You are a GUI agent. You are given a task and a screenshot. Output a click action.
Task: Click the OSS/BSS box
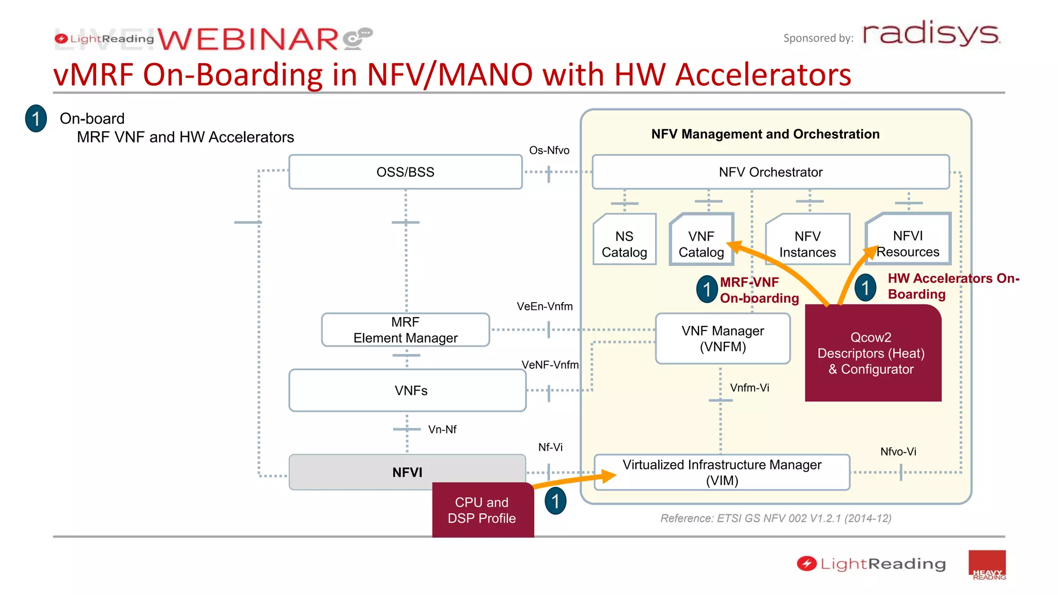point(405,172)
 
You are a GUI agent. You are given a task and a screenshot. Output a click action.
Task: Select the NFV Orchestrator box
point(770,172)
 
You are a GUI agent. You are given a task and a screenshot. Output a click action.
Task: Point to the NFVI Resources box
point(908,240)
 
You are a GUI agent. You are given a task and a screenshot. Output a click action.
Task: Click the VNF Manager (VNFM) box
point(722,338)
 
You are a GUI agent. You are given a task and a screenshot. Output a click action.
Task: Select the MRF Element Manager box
point(405,330)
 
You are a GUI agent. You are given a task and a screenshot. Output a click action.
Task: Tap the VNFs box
point(407,390)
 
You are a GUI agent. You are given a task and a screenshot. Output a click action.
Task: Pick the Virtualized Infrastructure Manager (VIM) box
point(722,472)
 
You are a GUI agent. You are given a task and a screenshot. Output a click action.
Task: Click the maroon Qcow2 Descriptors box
point(873,353)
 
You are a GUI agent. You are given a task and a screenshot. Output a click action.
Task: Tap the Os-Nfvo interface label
point(549,150)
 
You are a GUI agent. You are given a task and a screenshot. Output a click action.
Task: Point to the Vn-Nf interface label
point(442,429)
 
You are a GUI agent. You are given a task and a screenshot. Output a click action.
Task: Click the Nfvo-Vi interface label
point(898,451)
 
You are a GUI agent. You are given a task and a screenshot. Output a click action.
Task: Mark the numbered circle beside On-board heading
point(36,119)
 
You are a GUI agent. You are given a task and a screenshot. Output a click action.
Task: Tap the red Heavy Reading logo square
point(987,565)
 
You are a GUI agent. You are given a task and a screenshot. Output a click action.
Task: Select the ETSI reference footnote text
point(775,518)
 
